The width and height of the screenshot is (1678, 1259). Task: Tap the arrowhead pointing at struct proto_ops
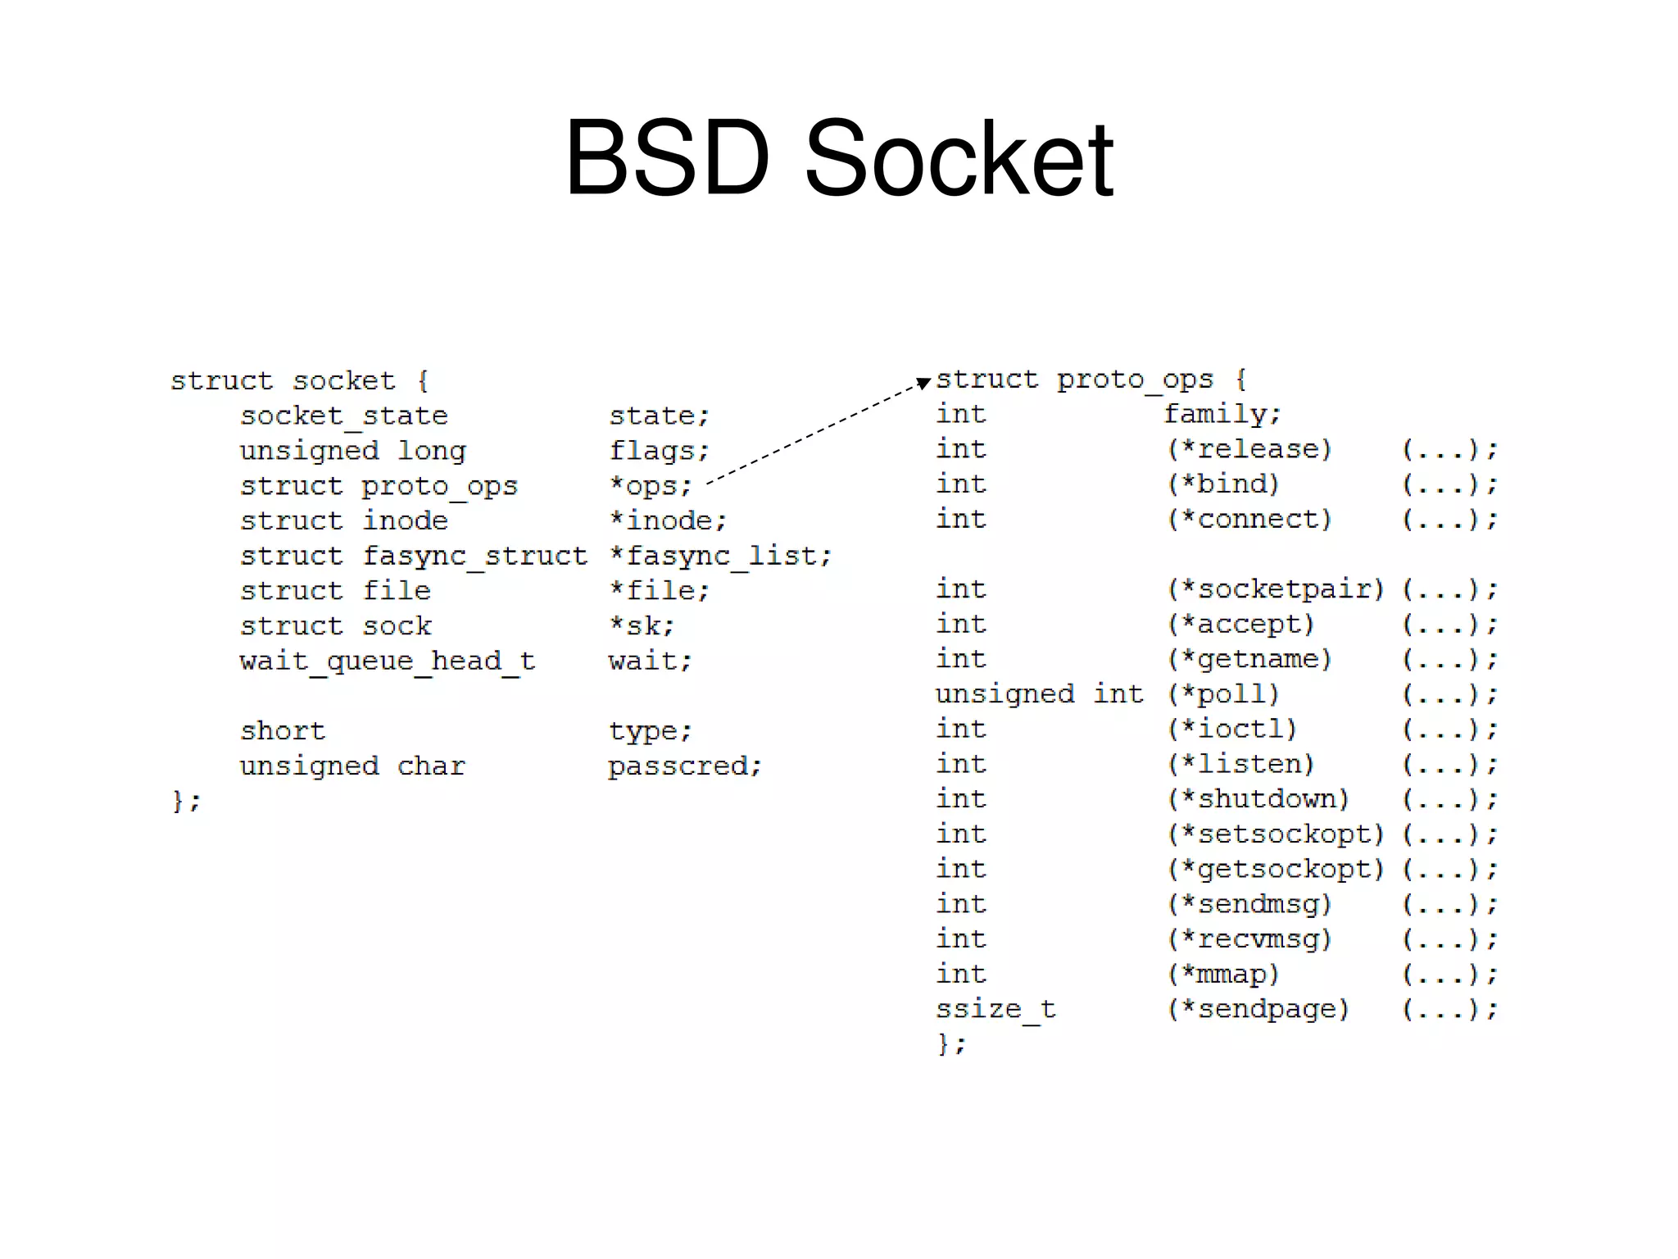click(x=923, y=382)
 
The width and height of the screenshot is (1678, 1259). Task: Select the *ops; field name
click(x=651, y=485)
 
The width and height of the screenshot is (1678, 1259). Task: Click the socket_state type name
click(x=343, y=416)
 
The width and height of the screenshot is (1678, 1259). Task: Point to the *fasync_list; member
click(x=720, y=556)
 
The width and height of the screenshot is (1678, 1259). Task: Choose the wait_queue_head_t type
click(x=387, y=661)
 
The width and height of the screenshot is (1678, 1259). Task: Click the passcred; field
click(x=685, y=766)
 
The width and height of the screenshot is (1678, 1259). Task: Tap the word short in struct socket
click(x=283, y=730)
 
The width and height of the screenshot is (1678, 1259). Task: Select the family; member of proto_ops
click(x=1222, y=414)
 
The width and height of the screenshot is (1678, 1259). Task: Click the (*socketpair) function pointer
click(x=1276, y=589)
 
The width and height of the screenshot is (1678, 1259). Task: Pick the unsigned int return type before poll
click(x=1039, y=694)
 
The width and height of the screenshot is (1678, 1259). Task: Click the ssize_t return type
click(x=995, y=1009)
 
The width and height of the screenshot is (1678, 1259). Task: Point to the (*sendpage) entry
click(x=1258, y=1009)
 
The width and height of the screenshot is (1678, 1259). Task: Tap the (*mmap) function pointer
click(x=1223, y=974)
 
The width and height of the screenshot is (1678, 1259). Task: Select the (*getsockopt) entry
click(x=1276, y=869)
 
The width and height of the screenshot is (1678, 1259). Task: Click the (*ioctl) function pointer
click(x=1232, y=729)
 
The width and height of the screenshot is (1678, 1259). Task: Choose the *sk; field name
click(x=642, y=625)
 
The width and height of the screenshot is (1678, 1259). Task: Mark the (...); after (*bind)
click(x=1449, y=484)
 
